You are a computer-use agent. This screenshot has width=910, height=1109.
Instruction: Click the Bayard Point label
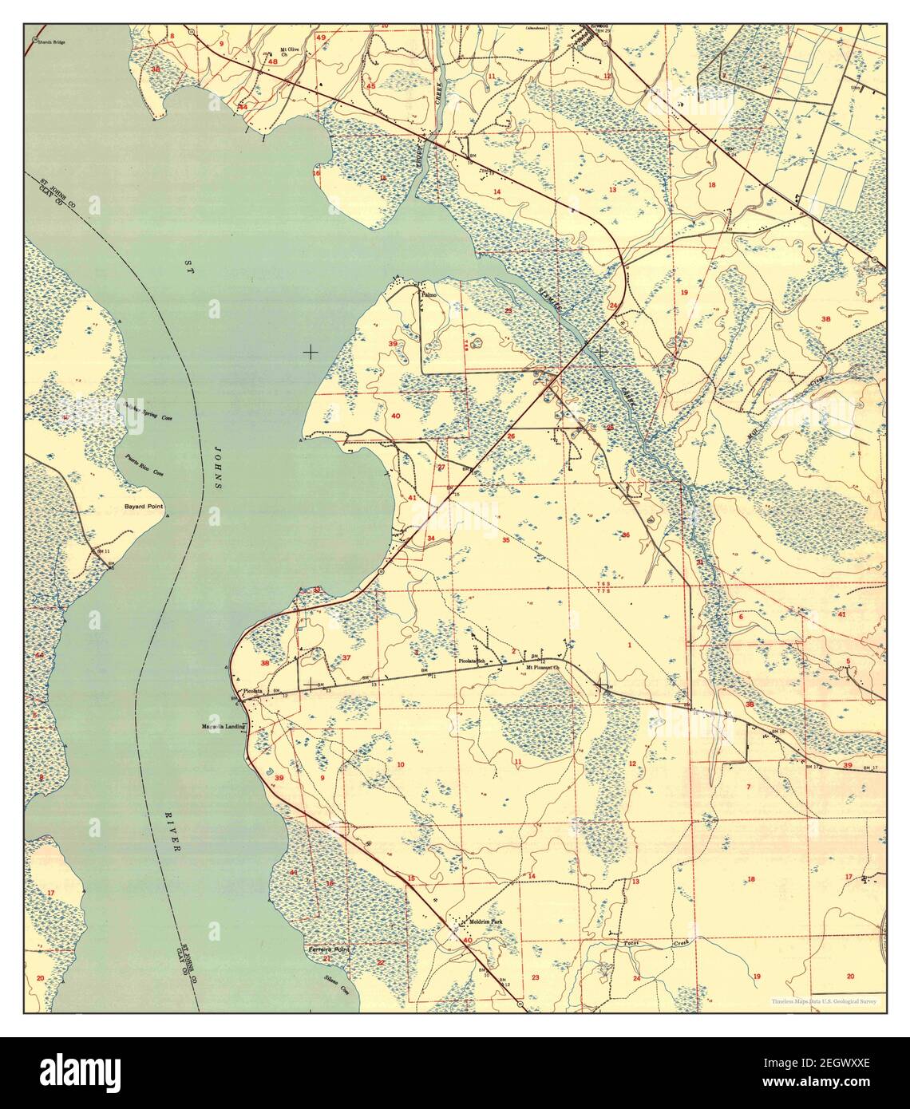[x=143, y=507]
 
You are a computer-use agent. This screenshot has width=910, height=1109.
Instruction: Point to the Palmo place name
[x=430, y=294]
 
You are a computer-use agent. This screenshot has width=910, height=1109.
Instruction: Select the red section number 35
[x=505, y=540]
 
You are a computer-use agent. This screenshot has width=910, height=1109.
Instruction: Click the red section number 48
[x=273, y=61]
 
